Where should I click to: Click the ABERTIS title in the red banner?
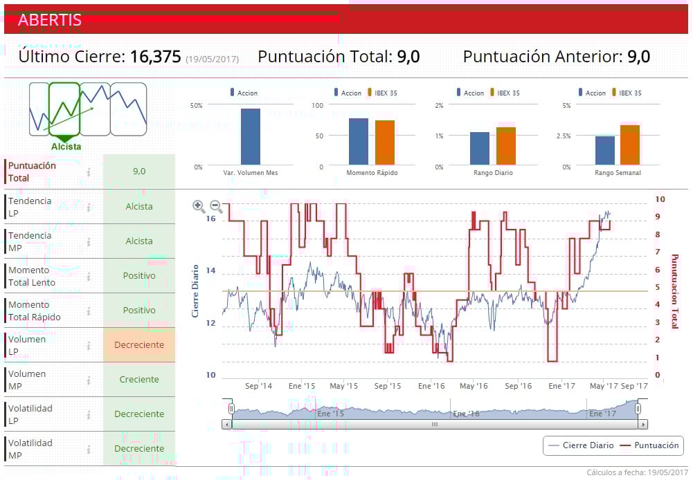coord(50,20)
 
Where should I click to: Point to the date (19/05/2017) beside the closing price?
coord(212,59)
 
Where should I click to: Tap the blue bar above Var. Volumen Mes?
coord(251,136)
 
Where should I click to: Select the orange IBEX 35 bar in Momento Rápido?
coord(385,142)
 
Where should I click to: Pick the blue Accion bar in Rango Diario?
coord(480,148)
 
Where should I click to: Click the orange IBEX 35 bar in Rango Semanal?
coord(630,145)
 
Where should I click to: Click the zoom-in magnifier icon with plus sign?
coord(199,205)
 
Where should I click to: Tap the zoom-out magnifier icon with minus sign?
coord(216,205)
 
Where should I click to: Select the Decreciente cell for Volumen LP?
coord(139,345)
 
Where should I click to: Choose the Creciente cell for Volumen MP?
coord(139,380)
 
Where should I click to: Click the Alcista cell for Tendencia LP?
coord(139,207)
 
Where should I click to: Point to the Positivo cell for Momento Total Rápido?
coord(139,311)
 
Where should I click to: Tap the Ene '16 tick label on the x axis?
coord(431,386)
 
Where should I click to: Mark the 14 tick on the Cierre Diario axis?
coord(210,271)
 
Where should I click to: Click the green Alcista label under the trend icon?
coord(66,147)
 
